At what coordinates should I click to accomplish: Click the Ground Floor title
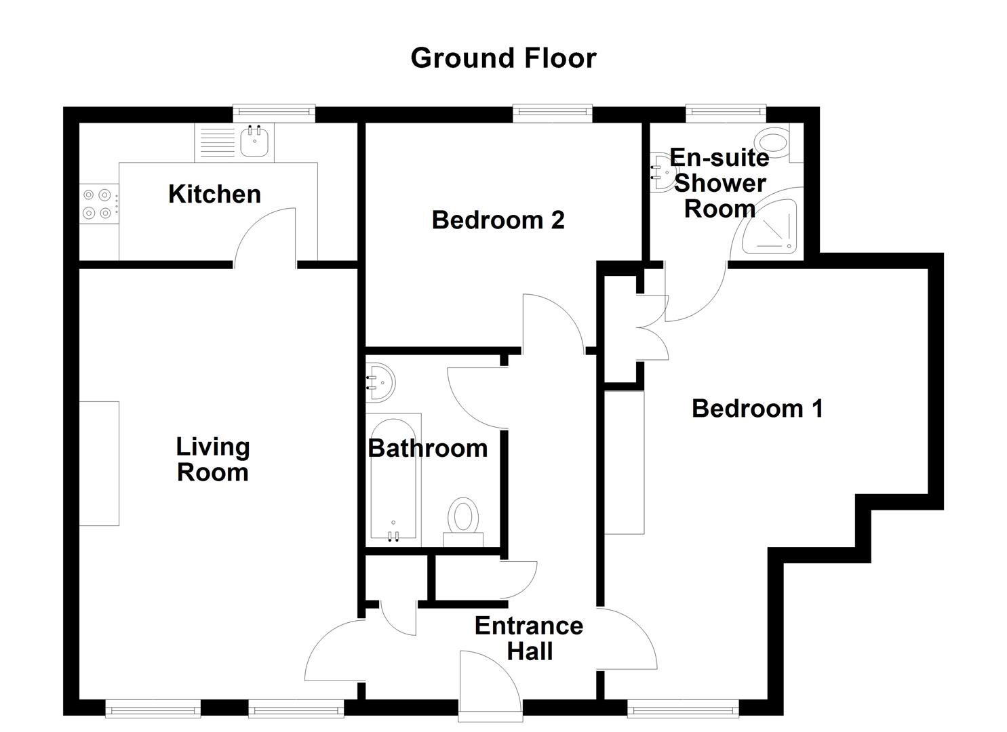coord(503,58)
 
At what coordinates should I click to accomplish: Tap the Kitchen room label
coord(214,195)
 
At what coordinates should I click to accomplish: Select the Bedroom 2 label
coord(498,220)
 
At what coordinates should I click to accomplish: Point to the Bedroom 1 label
coord(757,409)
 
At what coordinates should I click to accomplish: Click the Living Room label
coord(213,460)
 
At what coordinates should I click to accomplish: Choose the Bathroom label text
coord(427,448)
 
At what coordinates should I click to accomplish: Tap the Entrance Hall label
coord(529,638)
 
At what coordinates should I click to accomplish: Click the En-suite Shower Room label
coord(719,183)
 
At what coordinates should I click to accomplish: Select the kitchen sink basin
coord(256,141)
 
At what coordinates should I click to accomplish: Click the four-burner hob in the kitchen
coord(97,204)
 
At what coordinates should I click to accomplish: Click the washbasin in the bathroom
coord(379,382)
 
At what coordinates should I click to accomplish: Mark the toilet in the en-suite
coord(774,142)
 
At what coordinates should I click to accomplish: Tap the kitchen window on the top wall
coord(274,113)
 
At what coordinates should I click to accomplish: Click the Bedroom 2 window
coord(552,113)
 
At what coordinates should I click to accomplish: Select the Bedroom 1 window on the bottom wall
coord(682,709)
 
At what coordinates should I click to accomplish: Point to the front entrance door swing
coord(488,685)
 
